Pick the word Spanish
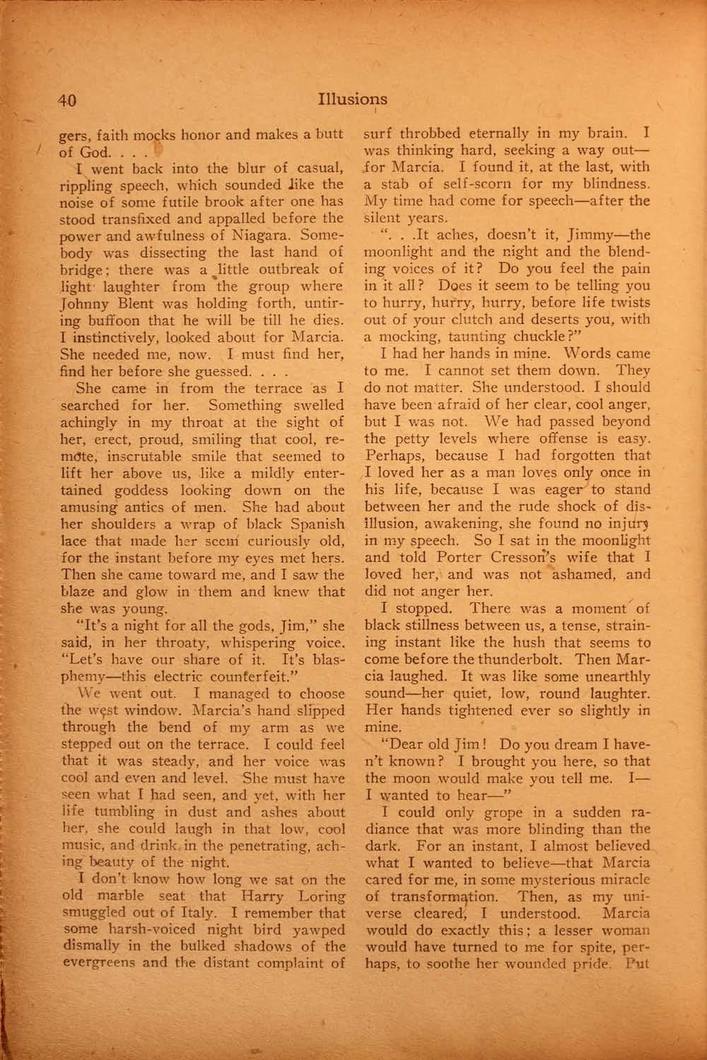pyautogui.click(x=317, y=524)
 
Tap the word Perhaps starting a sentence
pyautogui.click(x=391, y=456)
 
